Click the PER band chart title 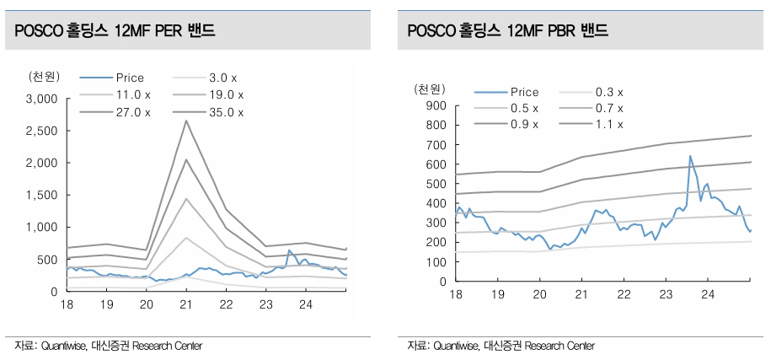[x=110, y=31]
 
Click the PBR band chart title [x=507, y=31]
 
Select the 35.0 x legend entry [x=225, y=111]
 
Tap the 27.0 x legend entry [x=132, y=111]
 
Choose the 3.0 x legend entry [x=225, y=78]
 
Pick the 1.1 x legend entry [x=608, y=124]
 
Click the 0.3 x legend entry [x=608, y=92]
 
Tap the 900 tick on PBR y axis [x=435, y=105]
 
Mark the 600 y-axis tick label [x=435, y=164]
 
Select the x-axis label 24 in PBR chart [x=708, y=294]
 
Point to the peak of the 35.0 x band [x=185, y=121]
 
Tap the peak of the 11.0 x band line [x=185, y=238]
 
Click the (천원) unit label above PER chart [x=43, y=77]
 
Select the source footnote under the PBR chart [x=501, y=347]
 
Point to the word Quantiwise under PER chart [x=66, y=347]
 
